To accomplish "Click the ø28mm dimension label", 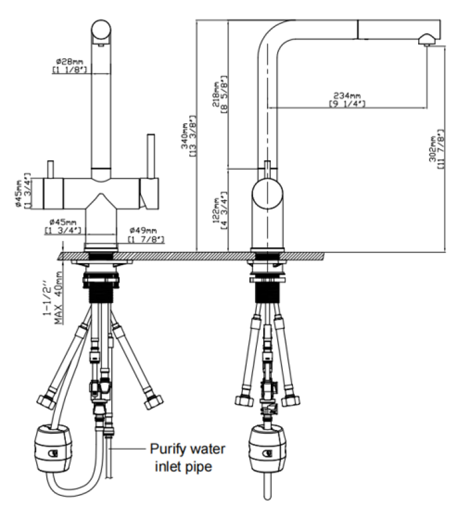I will [x=68, y=61].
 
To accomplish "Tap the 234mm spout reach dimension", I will [x=346, y=95].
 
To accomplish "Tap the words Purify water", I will [x=187, y=450].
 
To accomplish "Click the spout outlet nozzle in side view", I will [x=425, y=39].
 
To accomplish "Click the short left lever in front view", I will [x=48, y=170].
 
